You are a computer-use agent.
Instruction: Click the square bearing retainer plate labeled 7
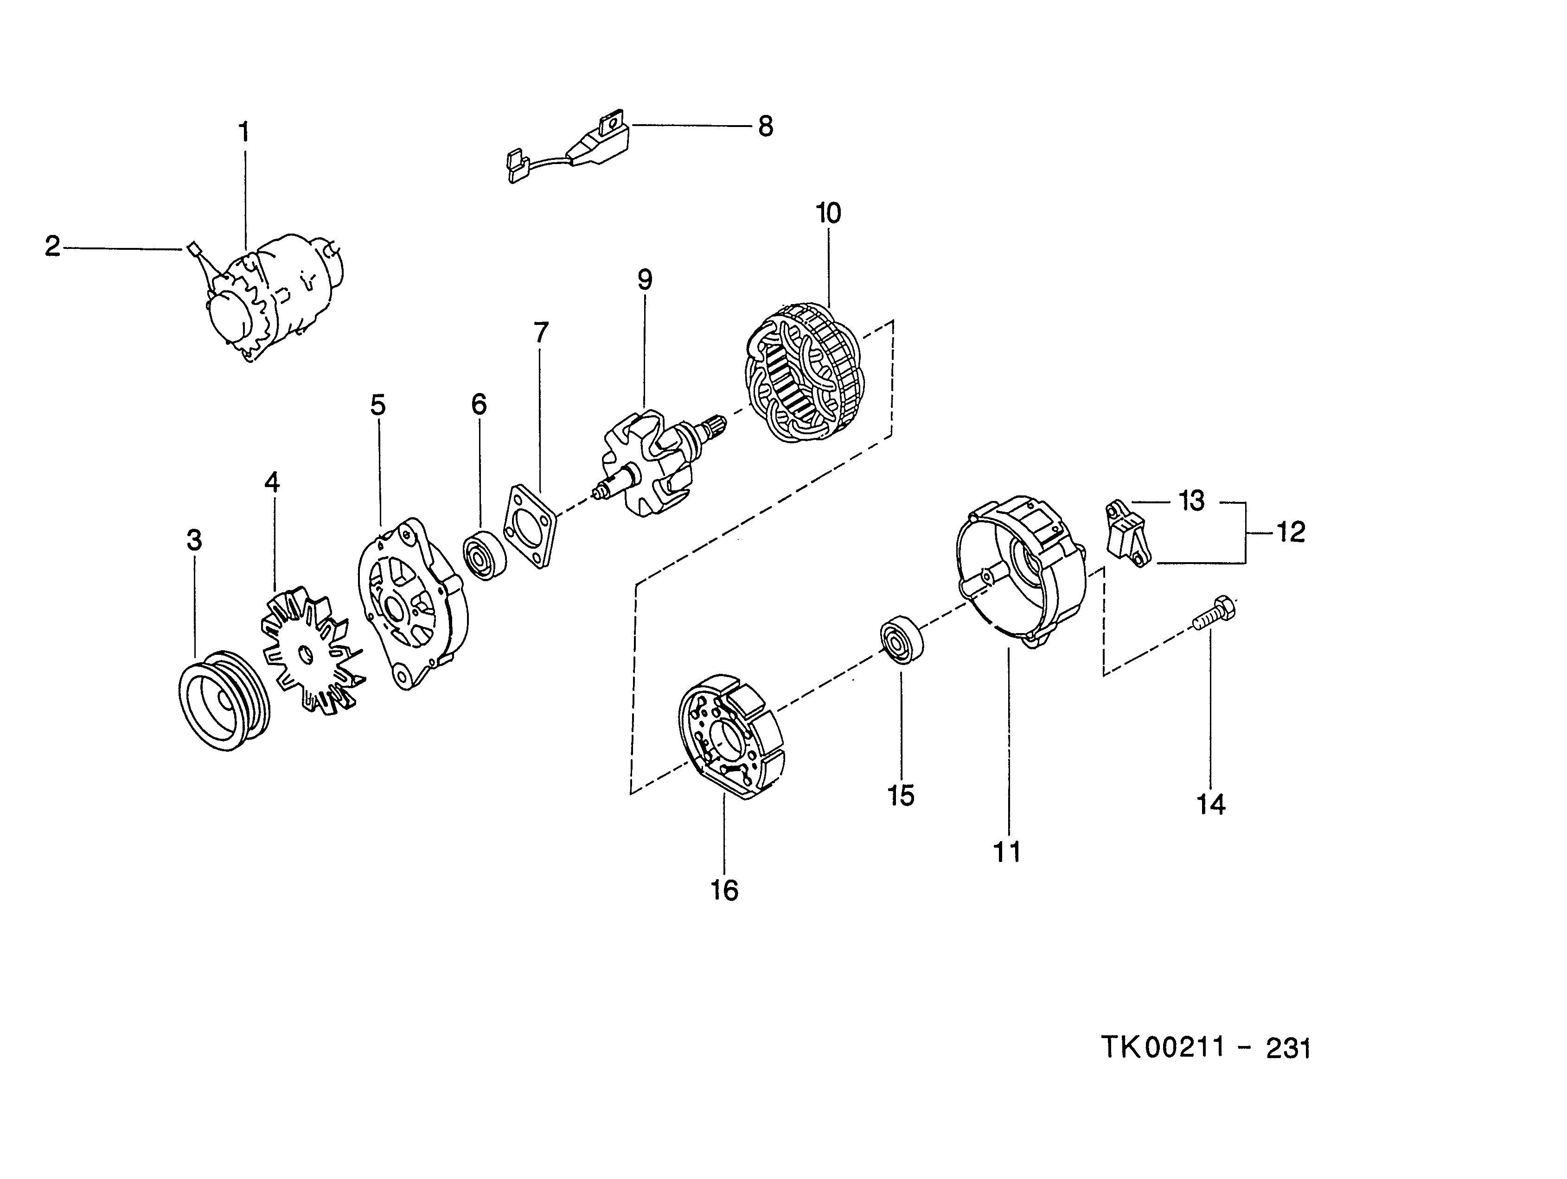(x=532, y=526)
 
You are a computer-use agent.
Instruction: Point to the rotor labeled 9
(x=645, y=464)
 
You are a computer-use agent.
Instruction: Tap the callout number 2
(x=52, y=247)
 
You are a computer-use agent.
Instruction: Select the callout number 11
(x=1007, y=852)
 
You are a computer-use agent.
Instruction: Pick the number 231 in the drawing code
(x=1288, y=1049)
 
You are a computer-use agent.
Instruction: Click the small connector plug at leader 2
(x=193, y=248)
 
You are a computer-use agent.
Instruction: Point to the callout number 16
(x=724, y=891)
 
